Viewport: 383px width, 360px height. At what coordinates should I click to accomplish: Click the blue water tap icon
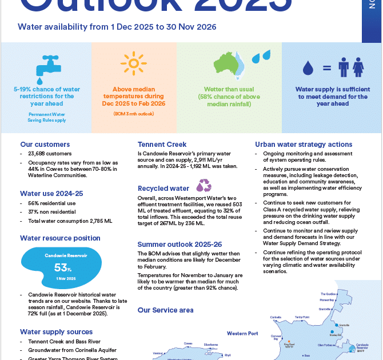46,66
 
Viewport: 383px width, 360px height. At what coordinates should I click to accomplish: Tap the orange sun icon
133,64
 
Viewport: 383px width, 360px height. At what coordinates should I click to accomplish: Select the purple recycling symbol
204,185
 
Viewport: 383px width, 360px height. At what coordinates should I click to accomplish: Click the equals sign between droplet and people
327,68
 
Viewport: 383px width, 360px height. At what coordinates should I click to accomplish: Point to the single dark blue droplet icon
308,69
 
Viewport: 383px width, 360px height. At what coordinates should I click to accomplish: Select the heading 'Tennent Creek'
162,145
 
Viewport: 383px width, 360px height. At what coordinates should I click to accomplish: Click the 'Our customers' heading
45,145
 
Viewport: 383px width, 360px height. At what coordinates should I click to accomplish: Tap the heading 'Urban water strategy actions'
303,145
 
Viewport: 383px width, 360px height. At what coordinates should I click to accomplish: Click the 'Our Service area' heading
165,310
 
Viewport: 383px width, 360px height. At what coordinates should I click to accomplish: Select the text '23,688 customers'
50,154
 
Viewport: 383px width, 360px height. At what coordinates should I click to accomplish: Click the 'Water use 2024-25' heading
51,193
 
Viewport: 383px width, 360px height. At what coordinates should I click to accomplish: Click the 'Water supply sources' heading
56,332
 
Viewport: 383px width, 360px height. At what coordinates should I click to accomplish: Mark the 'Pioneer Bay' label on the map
327,299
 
